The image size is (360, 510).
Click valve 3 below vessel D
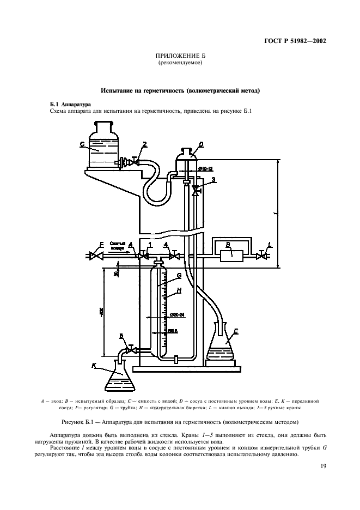pos(194,191)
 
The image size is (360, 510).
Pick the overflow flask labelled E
pos(222,343)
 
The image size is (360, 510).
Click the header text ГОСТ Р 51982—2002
pos(291,40)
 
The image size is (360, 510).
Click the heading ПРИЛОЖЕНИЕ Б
pos(180,56)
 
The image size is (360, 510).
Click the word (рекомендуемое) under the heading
pos(180,63)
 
